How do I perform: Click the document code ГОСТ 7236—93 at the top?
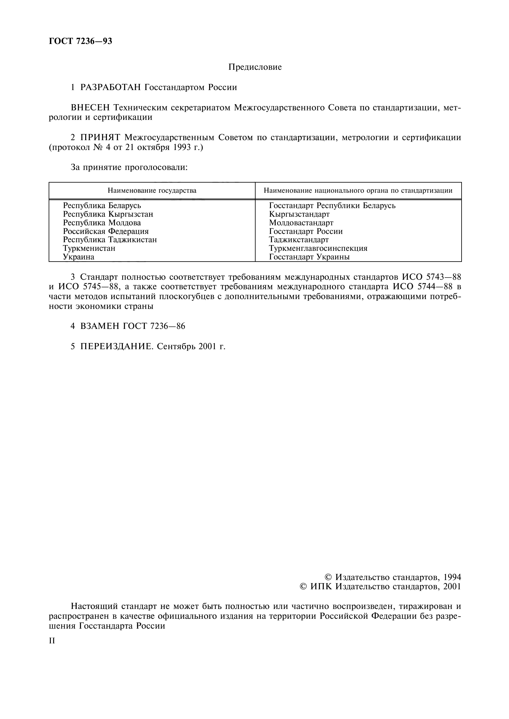click(80, 41)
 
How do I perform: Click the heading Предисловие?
click(255, 67)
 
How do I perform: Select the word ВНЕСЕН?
click(90, 108)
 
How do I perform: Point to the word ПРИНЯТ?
click(100, 137)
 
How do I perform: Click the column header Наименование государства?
click(152, 191)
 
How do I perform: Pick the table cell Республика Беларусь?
click(102, 206)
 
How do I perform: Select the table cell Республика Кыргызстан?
click(108, 214)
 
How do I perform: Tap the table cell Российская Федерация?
click(106, 231)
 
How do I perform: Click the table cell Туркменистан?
click(89, 248)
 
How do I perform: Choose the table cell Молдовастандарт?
click(301, 223)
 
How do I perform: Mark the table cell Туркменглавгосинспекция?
click(318, 248)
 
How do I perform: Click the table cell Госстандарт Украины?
click(309, 257)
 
